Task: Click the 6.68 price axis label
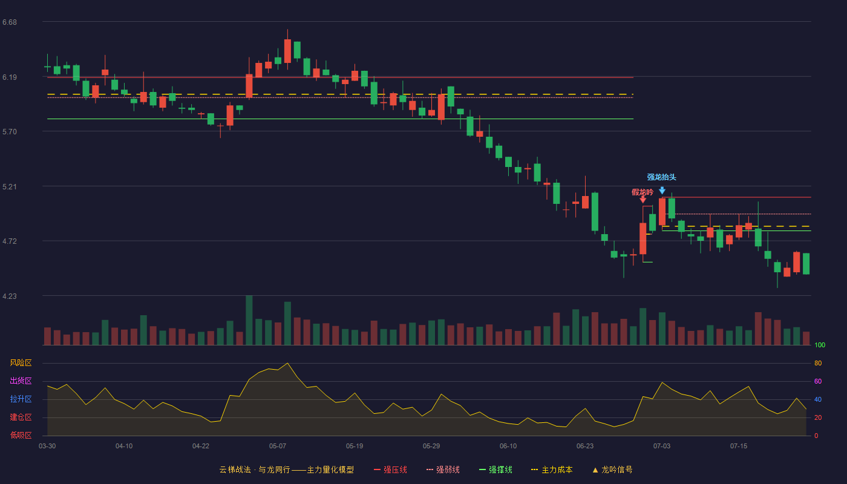click(10, 22)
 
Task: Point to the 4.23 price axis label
click(10, 296)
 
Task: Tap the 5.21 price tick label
click(10, 187)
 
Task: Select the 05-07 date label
click(278, 446)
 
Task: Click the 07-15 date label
click(739, 446)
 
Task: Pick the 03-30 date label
click(47, 446)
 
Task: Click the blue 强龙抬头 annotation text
click(661, 177)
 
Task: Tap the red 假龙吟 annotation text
click(642, 192)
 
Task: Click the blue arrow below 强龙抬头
click(662, 190)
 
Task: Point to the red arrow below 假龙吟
click(643, 200)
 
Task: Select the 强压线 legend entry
click(390, 469)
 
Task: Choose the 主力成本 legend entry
click(552, 469)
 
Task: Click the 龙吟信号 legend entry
click(612, 469)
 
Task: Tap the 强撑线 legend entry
click(495, 469)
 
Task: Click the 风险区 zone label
click(21, 363)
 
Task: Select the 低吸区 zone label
click(21, 436)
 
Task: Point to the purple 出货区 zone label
click(21, 381)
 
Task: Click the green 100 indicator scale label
click(820, 345)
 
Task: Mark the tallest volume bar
click(249, 320)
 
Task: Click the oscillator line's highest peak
click(287, 364)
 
